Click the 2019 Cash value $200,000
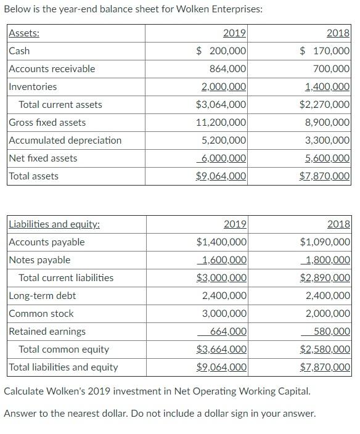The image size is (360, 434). click(221, 51)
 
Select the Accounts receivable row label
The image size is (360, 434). click(52, 69)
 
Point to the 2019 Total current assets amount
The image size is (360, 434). click(221, 105)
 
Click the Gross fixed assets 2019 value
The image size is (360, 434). click(221, 123)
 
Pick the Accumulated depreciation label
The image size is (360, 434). click(65, 141)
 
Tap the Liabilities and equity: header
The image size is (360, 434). click(54, 224)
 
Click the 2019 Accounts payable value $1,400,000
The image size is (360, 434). click(221, 242)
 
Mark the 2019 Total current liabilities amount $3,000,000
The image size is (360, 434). click(221, 278)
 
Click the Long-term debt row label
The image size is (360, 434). click(43, 296)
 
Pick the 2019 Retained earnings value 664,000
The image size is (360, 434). click(228, 332)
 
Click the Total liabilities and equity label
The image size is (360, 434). click(63, 367)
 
